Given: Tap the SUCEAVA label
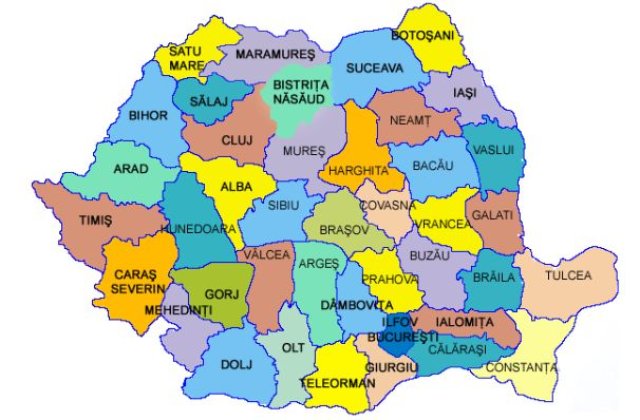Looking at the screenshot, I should pyautogui.click(x=374, y=69).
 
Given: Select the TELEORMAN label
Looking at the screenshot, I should pyautogui.click(x=344, y=382).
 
